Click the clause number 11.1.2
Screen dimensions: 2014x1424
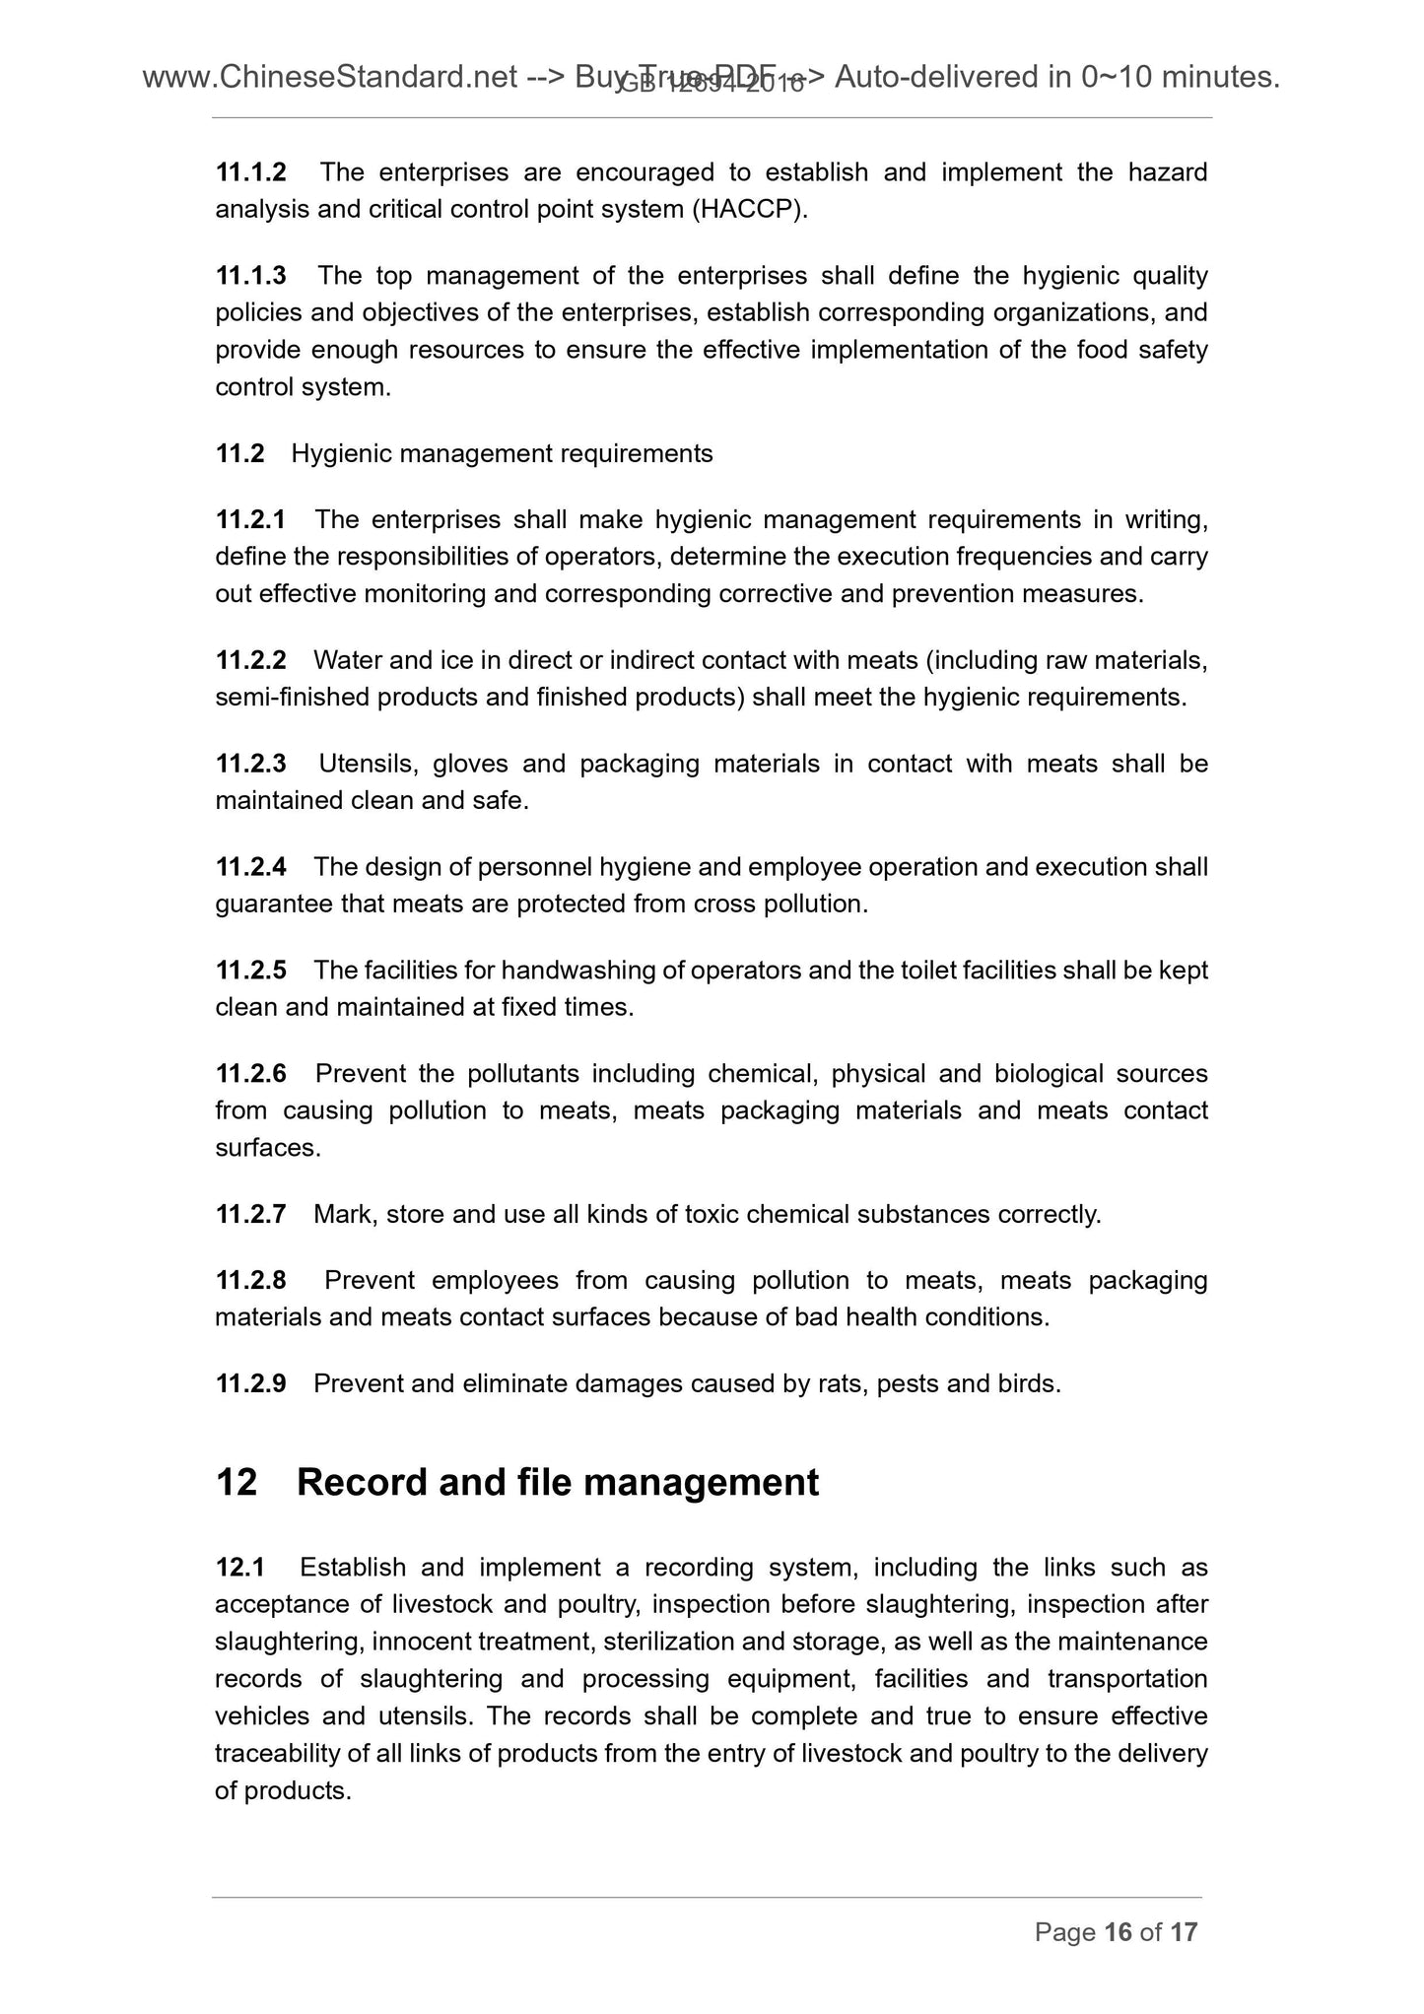[250, 172]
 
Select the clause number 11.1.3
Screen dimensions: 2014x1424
[250, 276]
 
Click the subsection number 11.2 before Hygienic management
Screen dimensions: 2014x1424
[239, 454]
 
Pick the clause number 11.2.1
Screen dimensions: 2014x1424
[250, 519]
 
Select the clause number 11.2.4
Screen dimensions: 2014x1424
[250, 867]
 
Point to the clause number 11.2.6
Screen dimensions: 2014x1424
[250, 1073]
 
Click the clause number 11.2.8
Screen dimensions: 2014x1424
[250, 1281]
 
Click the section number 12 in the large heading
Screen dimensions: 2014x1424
[237, 1483]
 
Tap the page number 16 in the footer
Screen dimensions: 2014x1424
[1118, 1932]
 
